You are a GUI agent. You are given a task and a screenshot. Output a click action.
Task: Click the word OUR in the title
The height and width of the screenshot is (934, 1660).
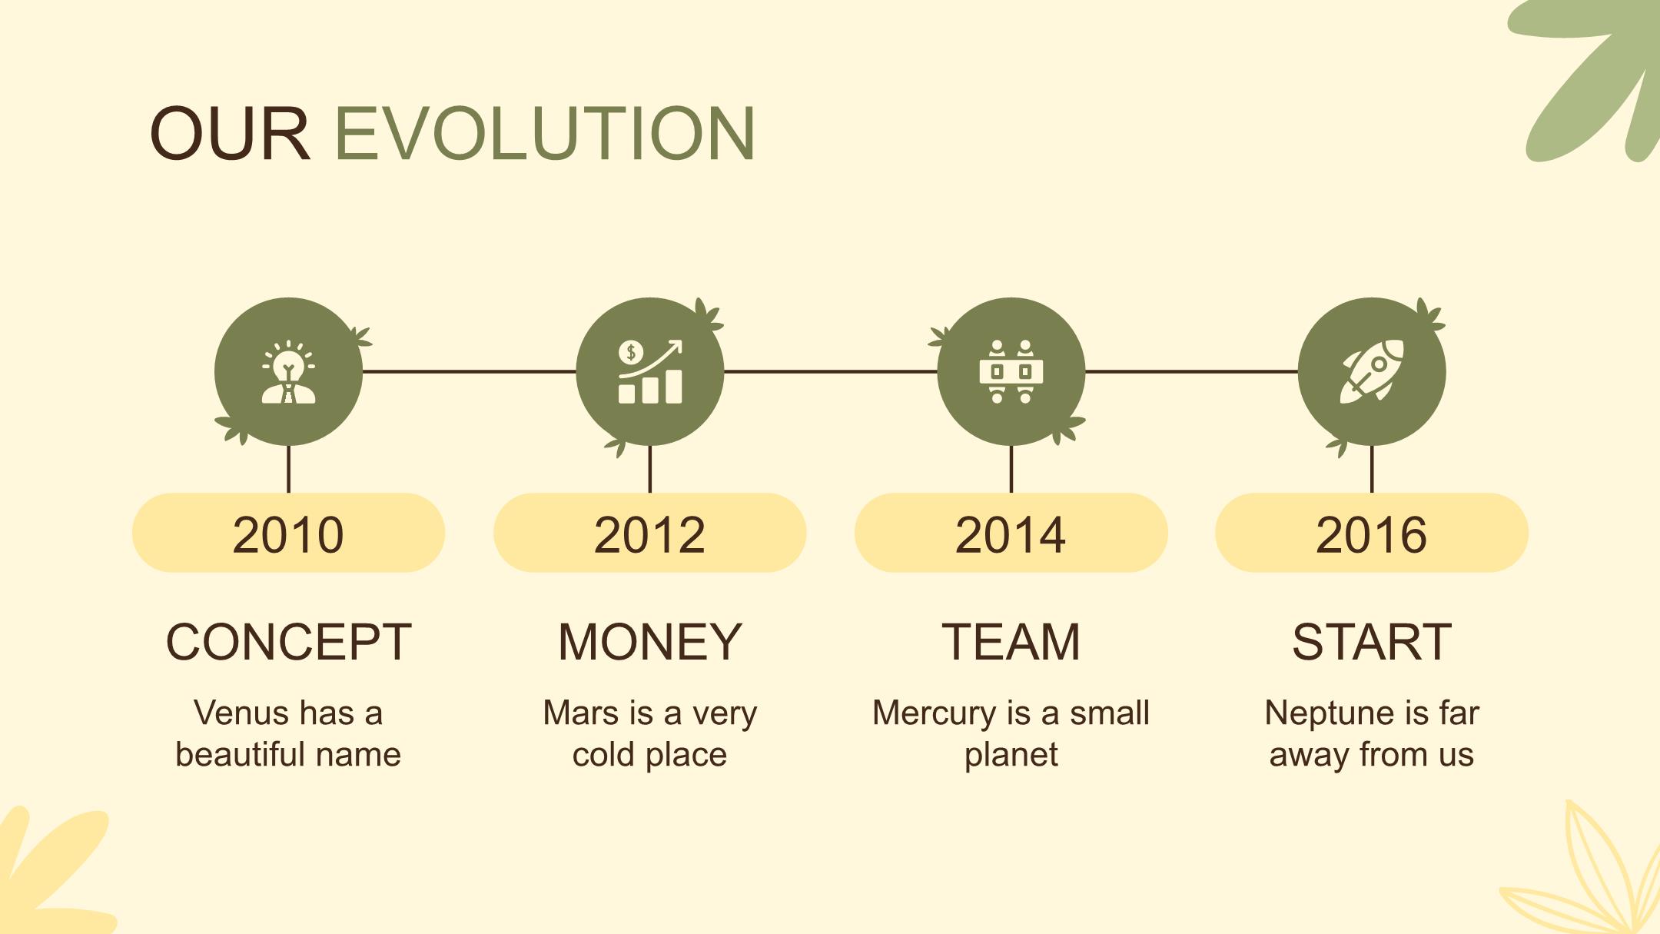(x=230, y=133)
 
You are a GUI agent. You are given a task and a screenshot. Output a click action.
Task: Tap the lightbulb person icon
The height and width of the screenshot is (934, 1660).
(x=288, y=372)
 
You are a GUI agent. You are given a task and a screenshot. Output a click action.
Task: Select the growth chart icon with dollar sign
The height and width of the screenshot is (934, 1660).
(x=650, y=372)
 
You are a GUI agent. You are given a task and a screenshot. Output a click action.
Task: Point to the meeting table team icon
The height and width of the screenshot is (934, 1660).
(x=1011, y=372)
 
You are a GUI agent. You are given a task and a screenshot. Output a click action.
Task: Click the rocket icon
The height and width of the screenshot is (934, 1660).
(x=1372, y=371)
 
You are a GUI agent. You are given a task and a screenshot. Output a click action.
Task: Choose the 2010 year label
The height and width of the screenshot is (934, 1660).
(x=288, y=535)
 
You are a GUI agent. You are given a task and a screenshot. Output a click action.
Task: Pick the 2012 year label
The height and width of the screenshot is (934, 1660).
(x=650, y=535)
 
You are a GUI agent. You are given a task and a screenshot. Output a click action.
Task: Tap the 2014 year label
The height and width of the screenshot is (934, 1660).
(x=1011, y=535)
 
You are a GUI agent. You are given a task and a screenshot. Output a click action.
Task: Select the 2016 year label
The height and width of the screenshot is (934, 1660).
(x=1372, y=535)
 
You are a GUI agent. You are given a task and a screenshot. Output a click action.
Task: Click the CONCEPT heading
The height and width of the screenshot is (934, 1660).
(x=289, y=642)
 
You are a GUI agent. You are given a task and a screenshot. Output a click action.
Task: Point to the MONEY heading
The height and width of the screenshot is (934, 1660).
(x=650, y=642)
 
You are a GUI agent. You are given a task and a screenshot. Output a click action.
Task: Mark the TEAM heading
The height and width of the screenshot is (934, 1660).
(x=1011, y=642)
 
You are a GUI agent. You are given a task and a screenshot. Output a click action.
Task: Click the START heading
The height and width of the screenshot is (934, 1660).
(x=1372, y=642)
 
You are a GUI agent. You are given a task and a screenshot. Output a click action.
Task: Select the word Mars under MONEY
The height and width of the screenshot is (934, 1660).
(x=581, y=713)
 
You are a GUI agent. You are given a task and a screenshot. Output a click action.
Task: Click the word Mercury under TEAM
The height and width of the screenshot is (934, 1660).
(x=925, y=714)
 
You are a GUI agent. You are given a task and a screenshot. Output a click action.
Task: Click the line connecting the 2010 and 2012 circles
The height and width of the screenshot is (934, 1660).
(x=469, y=371)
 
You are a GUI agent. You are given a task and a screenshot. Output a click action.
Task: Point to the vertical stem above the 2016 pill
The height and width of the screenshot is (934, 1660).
(x=1372, y=469)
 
